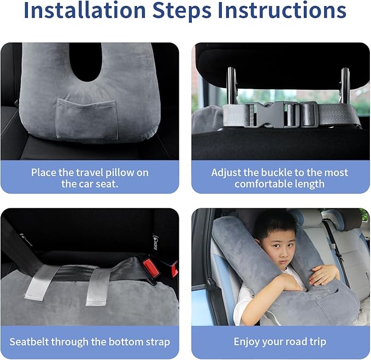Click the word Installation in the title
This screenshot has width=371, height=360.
pyautogui.click(x=85, y=10)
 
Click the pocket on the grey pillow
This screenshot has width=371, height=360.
pyautogui.click(x=87, y=119)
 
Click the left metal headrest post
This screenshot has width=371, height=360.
pyautogui.click(x=232, y=86)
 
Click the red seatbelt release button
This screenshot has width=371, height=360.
pyautogui.click(x=150, y=268)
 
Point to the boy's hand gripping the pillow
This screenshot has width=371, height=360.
pyautogui.click(x=322, y=275)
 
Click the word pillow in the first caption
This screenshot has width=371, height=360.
pyautogui.click(x=119, y=173)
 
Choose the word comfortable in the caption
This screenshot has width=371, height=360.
pyautogui.click(x=264, y=184)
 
